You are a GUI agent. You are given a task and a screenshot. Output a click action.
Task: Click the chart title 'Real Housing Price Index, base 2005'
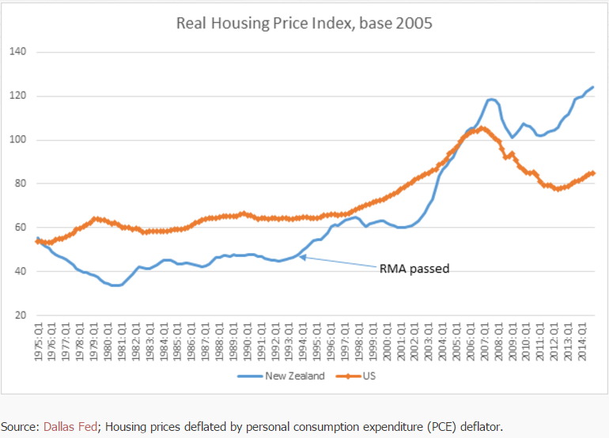click(x=304, y=23)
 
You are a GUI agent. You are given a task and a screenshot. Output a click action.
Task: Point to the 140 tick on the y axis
click(x=18, y=52)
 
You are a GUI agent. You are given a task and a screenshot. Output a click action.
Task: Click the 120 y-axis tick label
click(x=18, y=96)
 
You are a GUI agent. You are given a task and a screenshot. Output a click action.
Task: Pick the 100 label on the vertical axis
click(x=18, y=140)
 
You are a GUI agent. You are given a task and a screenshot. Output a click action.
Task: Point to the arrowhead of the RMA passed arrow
click(x=301, y=257)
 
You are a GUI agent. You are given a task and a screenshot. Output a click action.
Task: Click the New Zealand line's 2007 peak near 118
click(x=490, y=99)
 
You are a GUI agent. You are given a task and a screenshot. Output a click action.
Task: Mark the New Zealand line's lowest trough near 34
click(x=116, y=285)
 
